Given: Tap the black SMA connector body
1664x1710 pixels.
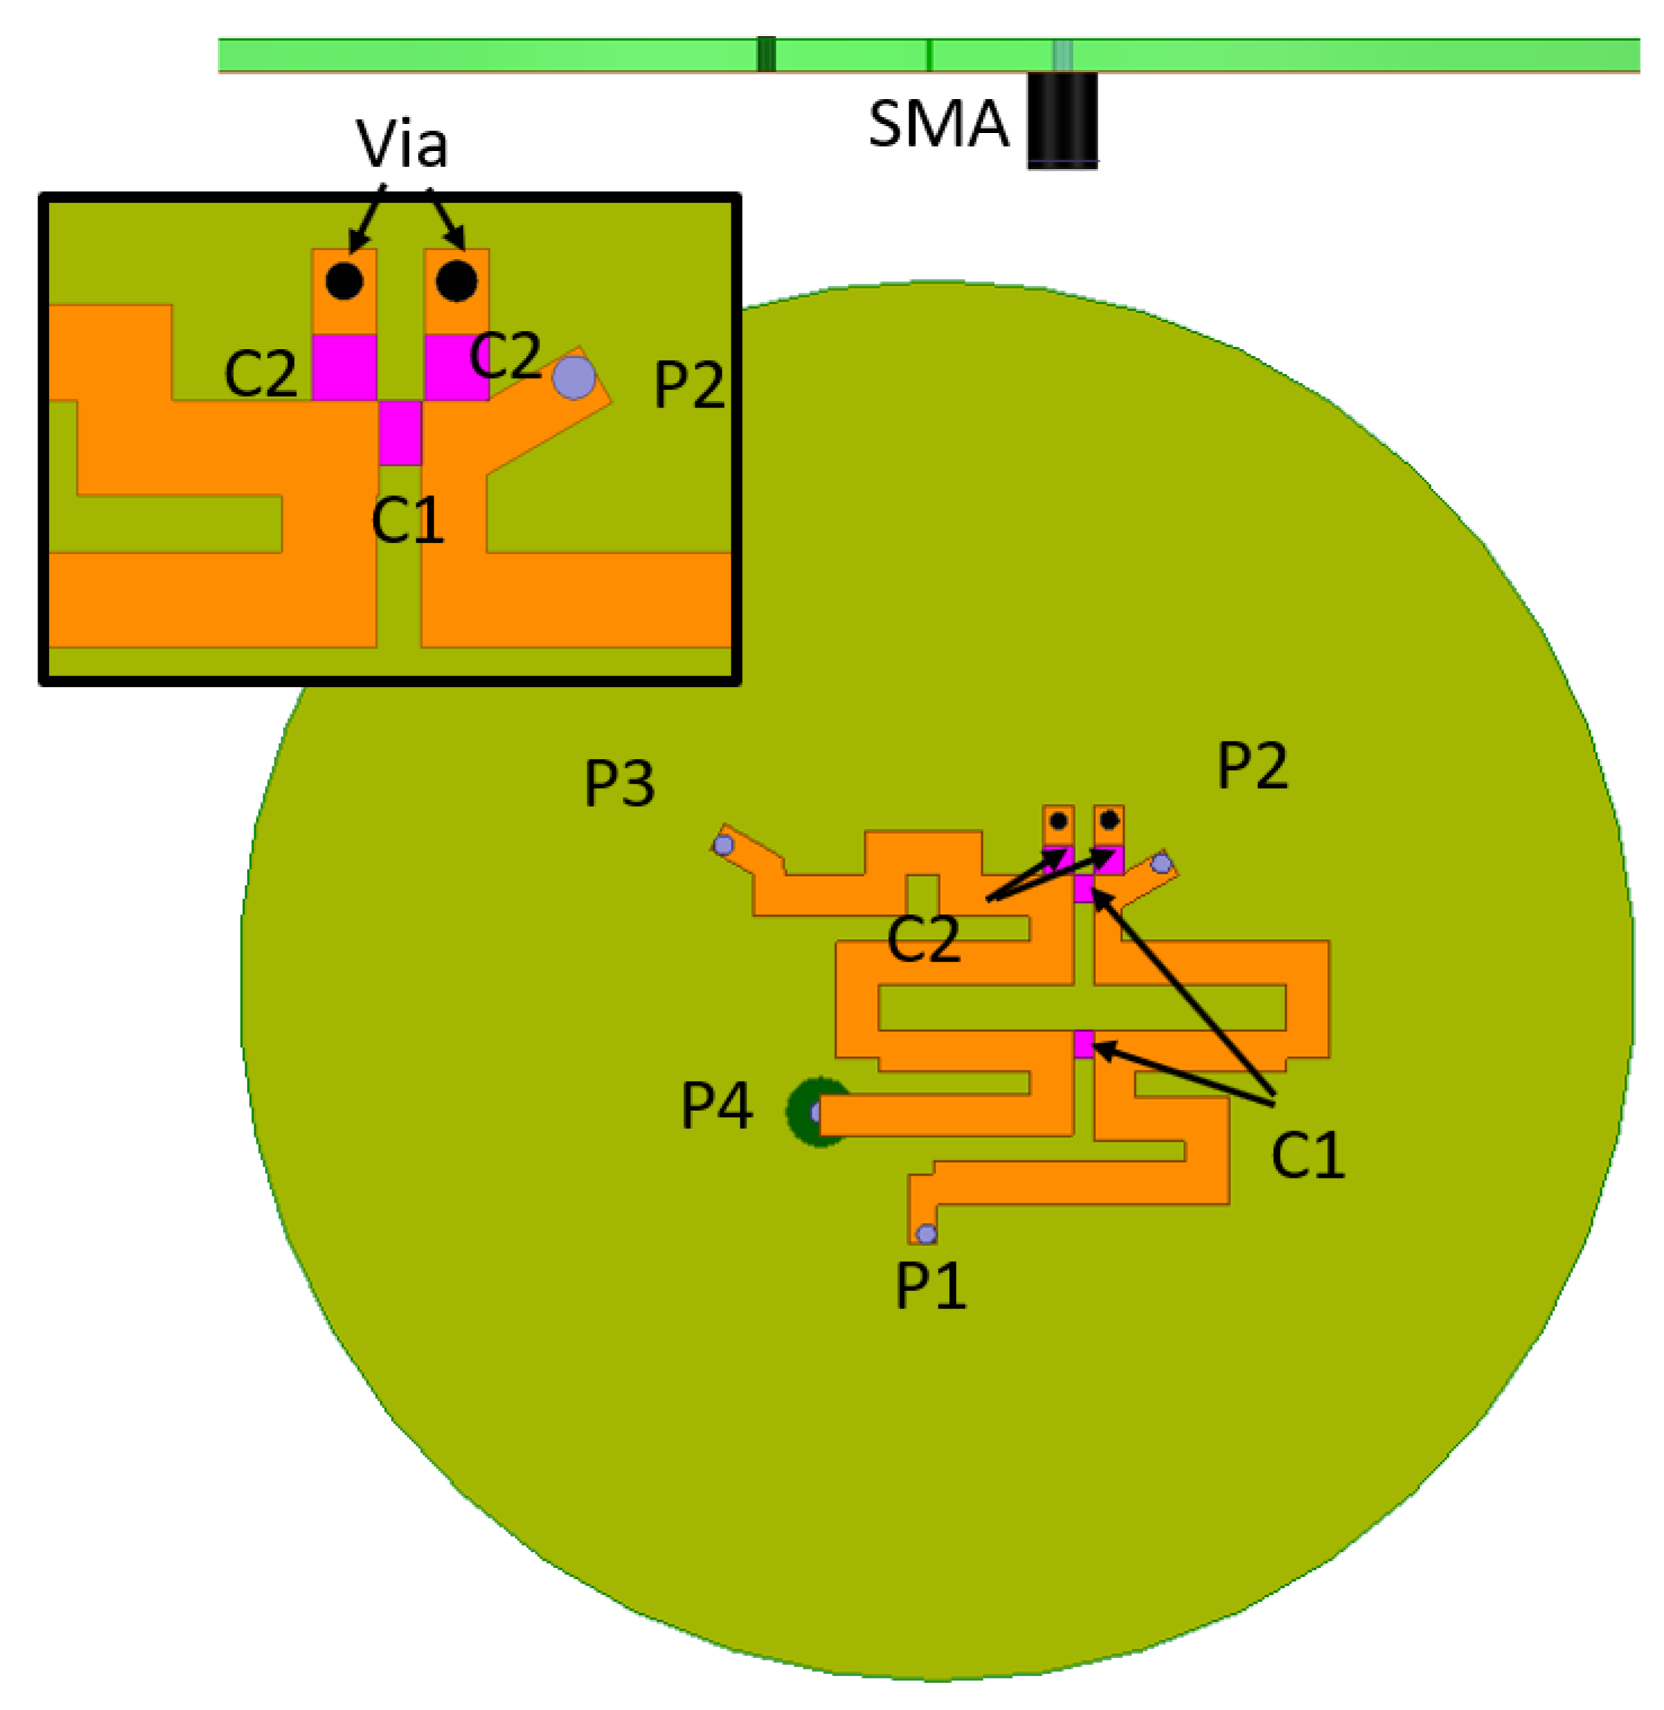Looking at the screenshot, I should (x=1062, y=120).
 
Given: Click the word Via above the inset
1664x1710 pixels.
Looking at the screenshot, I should (x=401, y=143).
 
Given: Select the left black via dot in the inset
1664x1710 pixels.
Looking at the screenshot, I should (x=344, y=281).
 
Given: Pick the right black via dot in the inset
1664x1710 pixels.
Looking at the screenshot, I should (x=456, y=281).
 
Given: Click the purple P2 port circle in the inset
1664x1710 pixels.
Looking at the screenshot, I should (x=573, y=378).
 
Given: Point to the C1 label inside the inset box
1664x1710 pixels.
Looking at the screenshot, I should (x=407, y=521).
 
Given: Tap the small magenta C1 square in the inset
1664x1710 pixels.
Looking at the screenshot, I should (x=401, y=432).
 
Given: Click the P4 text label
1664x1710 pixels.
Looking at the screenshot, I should (x=716, y=1106).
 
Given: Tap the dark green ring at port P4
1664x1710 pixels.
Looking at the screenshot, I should (x=802, y=1112).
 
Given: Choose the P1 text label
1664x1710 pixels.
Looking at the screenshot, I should (x=931, y=1286).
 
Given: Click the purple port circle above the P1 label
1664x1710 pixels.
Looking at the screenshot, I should (x=927, y=1233).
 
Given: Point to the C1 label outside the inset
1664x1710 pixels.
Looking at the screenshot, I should (x=1308, y=1156).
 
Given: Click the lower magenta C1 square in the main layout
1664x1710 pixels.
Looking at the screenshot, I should (x=1083, y=1045).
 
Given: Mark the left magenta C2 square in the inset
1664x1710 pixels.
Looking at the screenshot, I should (x=344, y=367).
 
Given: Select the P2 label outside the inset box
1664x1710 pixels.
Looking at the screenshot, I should (x=1252, y=766).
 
